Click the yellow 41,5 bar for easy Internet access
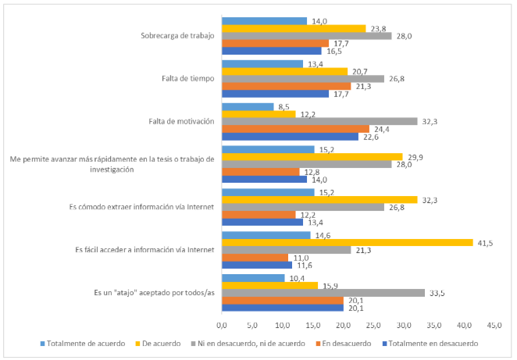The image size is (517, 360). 348,243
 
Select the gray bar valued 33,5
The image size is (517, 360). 323,293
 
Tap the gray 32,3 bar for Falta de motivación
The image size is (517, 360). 319,121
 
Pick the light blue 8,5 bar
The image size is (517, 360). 248,106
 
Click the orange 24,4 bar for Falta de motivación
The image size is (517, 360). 295,129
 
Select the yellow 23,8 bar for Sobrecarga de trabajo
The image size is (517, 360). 294,28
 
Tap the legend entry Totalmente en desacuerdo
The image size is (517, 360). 433,343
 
